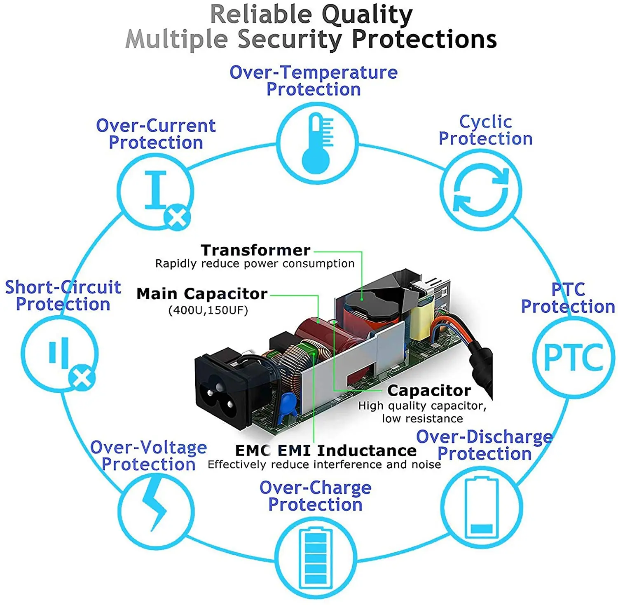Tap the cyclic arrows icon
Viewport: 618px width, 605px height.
coord(481,190)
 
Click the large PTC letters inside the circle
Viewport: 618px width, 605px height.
coord(574,357)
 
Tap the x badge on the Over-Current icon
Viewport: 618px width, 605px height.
coord(178,217)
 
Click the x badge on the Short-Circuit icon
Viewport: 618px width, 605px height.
coord(82,377)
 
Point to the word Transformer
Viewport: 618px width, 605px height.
coord(255,250)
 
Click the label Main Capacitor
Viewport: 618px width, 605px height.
coord(202,294)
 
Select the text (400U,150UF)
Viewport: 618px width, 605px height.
coord(208,310)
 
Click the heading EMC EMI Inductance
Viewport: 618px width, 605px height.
coord(325,450)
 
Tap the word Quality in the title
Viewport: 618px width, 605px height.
coord(367,15)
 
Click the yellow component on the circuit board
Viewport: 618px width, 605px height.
coord(420,319)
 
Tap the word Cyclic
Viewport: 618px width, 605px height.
coord(485,122)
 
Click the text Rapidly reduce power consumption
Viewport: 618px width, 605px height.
coord(255,264)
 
